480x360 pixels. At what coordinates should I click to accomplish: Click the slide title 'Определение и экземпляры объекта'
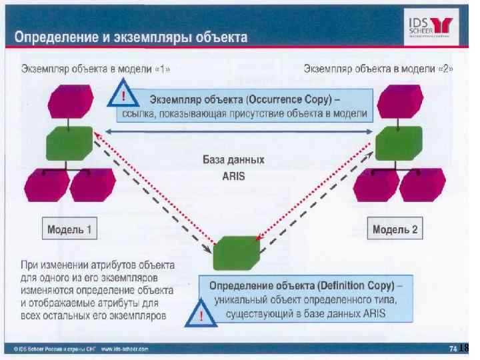(x=131, y=37)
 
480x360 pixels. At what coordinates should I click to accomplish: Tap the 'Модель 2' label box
(x=395, y=231)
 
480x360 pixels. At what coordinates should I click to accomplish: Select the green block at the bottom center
(x=236, y=253)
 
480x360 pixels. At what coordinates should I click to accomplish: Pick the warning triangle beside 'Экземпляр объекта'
(x=125, y=97)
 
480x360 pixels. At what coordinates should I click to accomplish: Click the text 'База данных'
(x=233, y=161)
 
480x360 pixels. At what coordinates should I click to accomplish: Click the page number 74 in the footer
(x=453, y=347)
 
